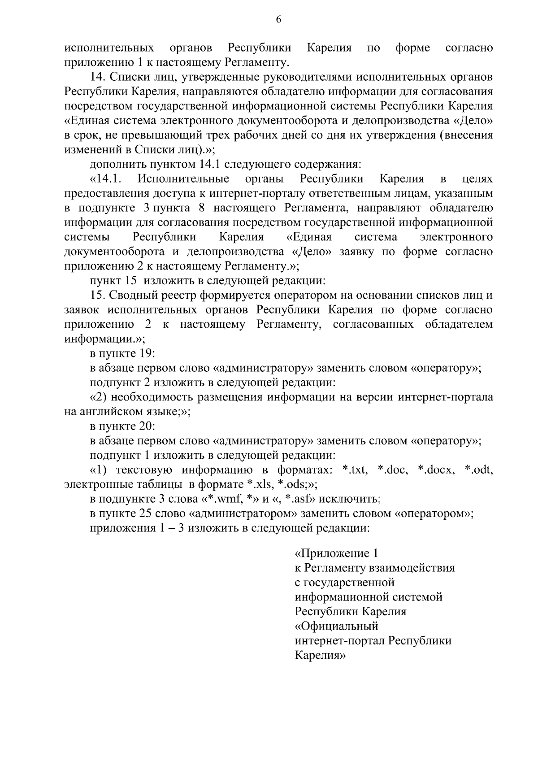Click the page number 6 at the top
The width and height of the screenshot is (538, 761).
[x=278, y=19]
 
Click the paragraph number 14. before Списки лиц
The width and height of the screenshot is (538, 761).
[x=98, y=77]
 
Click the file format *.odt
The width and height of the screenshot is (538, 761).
[x=479, y=470]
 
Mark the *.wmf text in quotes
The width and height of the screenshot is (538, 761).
[x=220, y=499]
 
